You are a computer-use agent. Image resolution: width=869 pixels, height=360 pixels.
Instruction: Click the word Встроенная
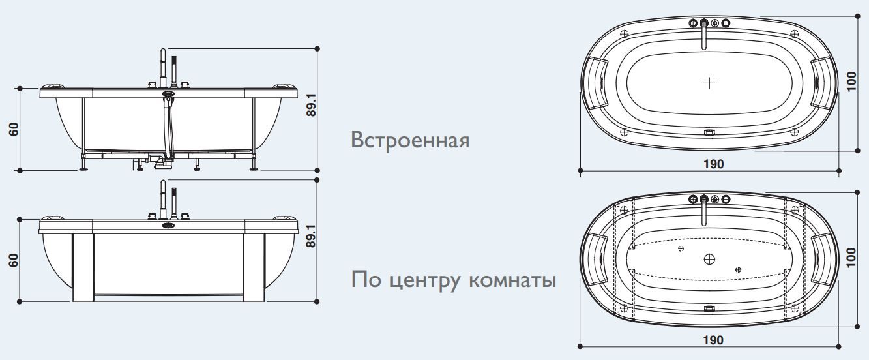pyautogui.click(x=409, y=140)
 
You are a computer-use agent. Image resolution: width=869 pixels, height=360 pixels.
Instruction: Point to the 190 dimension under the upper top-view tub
pyautogui.click(x=713, y=164)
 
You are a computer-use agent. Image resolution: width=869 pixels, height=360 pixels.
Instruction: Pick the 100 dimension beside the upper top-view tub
pyautogui.click(x=852, y=82)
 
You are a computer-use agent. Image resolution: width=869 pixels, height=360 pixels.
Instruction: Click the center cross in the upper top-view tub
pyautogui.click(x=710, y=83)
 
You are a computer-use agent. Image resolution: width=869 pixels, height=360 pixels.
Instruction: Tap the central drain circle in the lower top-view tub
pyautogui.click(x=710, y=259)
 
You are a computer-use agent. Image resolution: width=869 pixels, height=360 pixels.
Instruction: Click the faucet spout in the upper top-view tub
pyautogui.click(x=703, y=37)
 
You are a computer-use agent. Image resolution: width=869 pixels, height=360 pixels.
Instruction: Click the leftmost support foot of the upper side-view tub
pyautogui.click(x=83, y=167)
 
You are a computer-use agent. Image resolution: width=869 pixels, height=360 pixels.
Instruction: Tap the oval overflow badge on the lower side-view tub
pyautogui.click(x=168, y=226)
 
